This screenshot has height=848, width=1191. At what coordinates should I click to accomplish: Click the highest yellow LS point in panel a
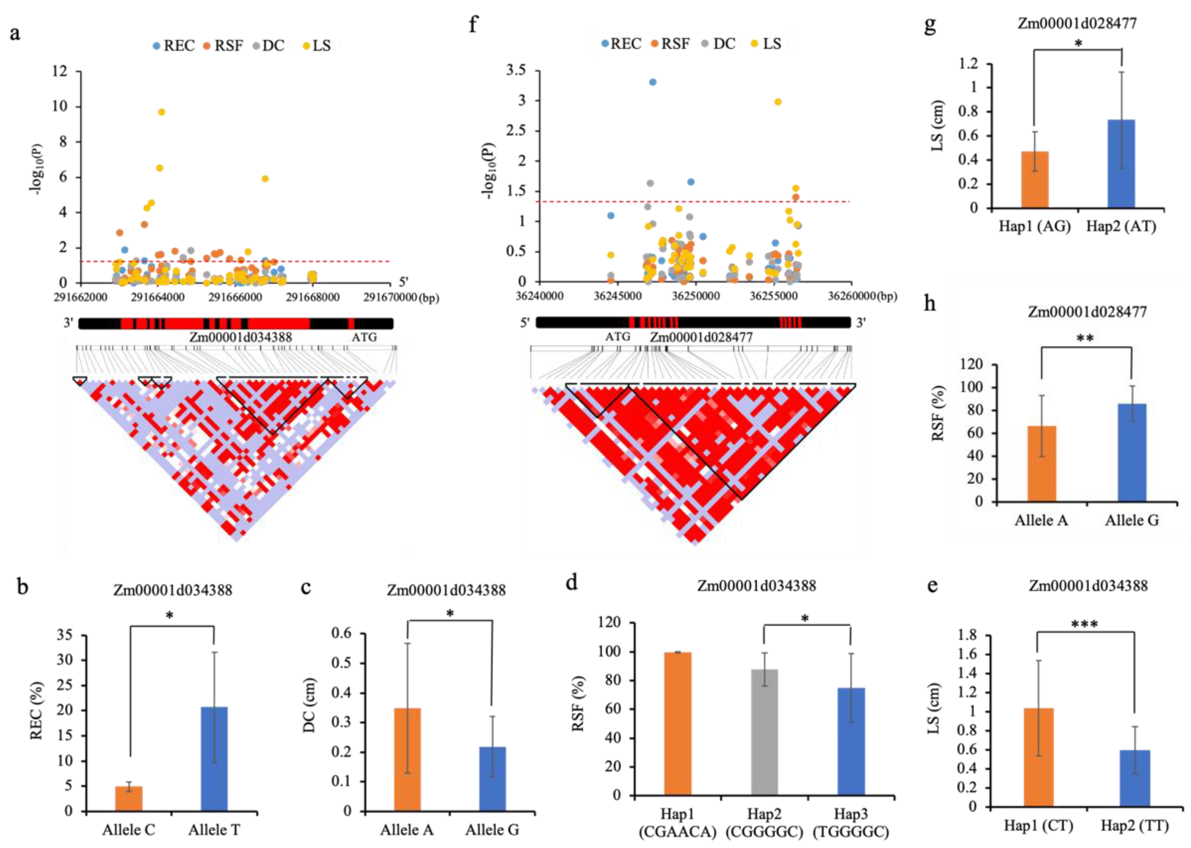[x=162, y=112]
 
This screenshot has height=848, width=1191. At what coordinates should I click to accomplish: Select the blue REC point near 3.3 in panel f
[x=652, y=82]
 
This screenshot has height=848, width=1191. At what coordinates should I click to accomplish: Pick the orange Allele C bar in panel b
[x=129, y=798]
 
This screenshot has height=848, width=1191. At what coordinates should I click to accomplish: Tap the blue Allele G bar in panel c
[x=492, y=779]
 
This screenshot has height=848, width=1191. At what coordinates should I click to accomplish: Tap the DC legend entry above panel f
[x=719, y=44]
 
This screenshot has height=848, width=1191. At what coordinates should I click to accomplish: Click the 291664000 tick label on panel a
[x=158, y=298]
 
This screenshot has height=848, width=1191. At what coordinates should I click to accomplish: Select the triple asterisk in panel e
[x=1085, y=624]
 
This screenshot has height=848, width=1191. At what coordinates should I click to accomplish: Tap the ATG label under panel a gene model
[x=364, y=337]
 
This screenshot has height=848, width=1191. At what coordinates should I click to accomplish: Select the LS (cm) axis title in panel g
[x=938, y=125]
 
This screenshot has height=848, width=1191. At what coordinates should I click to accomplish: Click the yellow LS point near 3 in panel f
[x=778, y=102]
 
